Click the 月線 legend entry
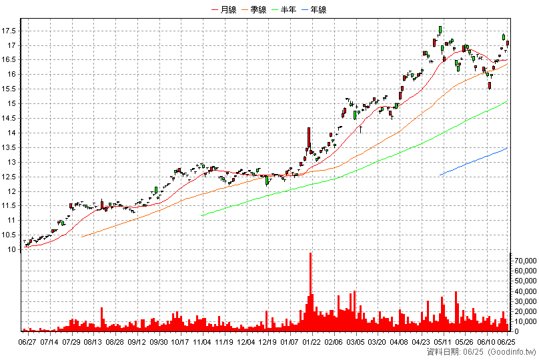point(224,9)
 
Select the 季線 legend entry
point(254,9)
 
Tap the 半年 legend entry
point(284,9)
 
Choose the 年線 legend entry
point(314,9)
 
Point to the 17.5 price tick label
point(9,31)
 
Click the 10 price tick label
point(12,250)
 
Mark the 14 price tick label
point(12,133)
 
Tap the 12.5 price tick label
point(9,177)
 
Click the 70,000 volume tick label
point(525,261)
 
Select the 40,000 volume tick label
point(525,291)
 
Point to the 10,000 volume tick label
point(525,321)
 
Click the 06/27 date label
point(27,342)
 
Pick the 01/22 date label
point(312,342)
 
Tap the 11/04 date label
point(201,342)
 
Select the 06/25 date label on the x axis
point(506,342)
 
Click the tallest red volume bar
point(310,292)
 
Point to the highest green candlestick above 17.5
point(440,30)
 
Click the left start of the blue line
point(440,175)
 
